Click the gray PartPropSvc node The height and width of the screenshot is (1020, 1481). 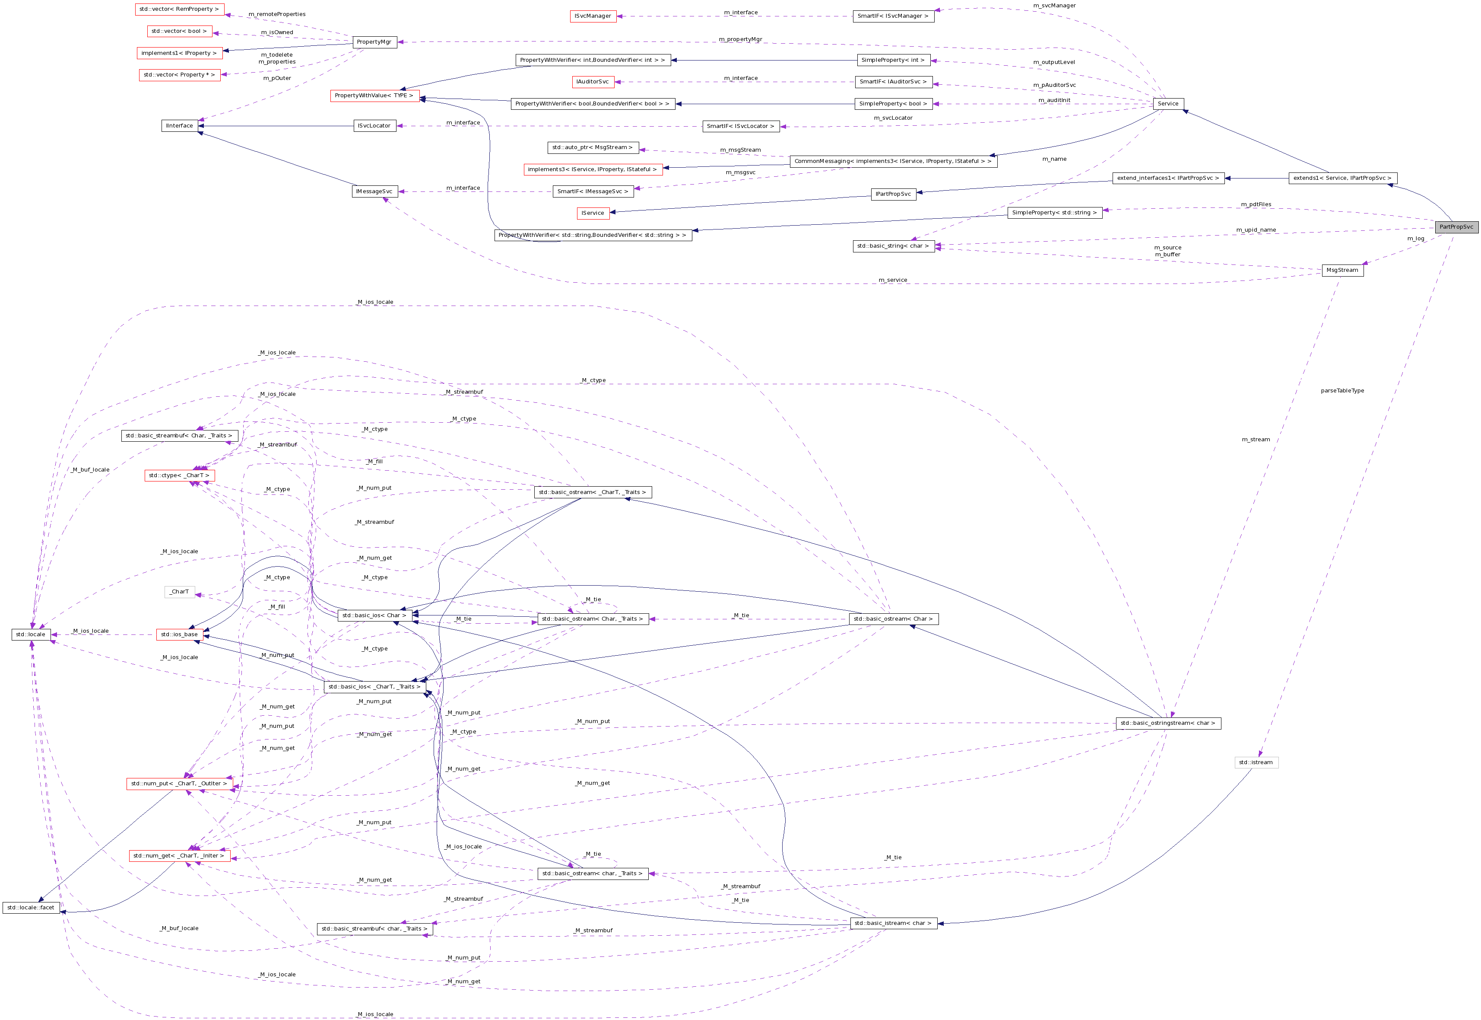1456,227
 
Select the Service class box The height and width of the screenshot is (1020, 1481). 1167,104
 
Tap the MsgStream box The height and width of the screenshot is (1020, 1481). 1342,270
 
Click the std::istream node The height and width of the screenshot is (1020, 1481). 1256,762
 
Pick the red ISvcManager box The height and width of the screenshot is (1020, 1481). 593,16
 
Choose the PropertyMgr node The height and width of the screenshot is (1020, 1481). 374,42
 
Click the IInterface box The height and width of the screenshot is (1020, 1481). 180,126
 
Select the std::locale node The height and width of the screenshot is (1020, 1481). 31,634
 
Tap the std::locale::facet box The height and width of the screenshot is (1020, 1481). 31,908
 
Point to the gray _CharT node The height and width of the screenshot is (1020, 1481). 180,592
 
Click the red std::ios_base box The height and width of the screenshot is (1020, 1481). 180,634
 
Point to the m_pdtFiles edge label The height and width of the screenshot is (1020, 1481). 1256,204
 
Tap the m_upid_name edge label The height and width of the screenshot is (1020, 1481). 1256,230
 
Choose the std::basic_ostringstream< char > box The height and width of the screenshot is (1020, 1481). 1167,724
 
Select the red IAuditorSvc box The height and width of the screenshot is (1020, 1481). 593,82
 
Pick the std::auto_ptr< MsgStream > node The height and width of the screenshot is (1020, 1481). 593,148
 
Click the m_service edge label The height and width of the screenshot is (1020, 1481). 892,280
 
